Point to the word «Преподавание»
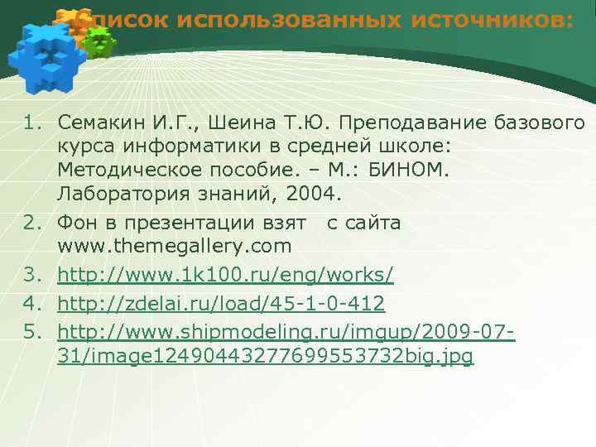[x=404, y=123]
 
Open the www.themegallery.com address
[x=175, y=247]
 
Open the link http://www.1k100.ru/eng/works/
[x=225, y=275]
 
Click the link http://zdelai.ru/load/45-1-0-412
[x=221, y=304]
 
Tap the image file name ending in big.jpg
[x=266, y=356]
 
